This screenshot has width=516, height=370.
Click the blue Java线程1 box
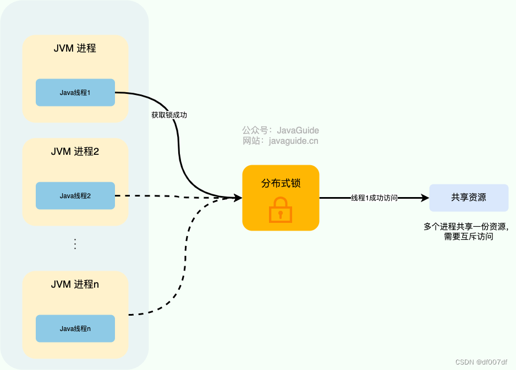point(75,92)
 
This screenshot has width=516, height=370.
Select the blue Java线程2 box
point(75,195)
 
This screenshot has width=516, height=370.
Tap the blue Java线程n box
point(75,328)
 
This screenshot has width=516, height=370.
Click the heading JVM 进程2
point(75,152)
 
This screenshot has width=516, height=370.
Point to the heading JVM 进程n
point(75,284)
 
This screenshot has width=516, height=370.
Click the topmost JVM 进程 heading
point(75,48)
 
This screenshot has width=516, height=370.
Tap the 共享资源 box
point(469,198)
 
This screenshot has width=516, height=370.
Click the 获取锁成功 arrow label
point(173,115)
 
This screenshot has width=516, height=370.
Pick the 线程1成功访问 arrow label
point(374,198)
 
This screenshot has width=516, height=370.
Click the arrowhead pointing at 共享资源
point(425,198)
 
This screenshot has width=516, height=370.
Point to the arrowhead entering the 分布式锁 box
point(238,198)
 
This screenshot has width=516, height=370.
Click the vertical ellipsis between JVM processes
point(75,244)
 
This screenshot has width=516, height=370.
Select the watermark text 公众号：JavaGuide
point(281,130)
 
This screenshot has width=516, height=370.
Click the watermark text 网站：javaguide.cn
point(281,141)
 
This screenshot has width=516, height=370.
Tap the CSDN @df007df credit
point(481,362)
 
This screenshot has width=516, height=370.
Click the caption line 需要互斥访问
point(468,237)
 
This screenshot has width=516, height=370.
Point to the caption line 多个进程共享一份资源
point(466,226)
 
